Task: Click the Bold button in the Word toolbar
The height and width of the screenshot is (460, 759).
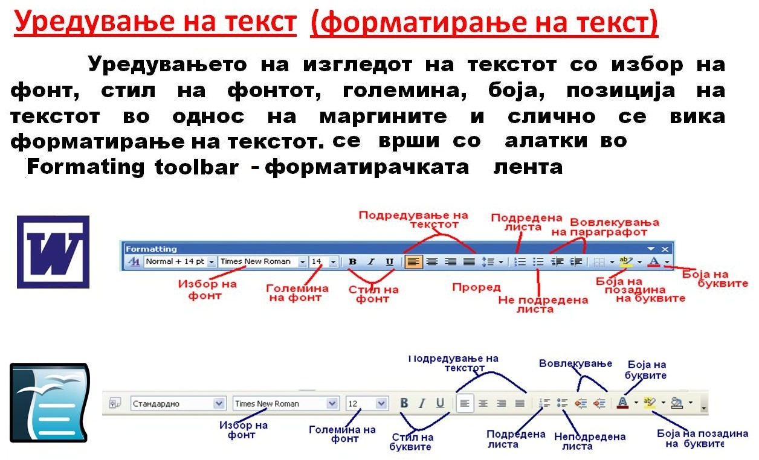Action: [354, 262]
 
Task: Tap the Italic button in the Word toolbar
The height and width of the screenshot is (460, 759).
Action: [372, 262]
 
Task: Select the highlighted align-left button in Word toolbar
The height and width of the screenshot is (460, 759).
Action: [413, 262]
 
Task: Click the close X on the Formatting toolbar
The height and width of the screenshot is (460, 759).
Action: [665, 249]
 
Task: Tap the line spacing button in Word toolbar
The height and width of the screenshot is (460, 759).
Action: [488, 262]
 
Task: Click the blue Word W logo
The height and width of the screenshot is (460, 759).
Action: [53, 251]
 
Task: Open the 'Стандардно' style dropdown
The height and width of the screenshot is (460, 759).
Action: [178, 403]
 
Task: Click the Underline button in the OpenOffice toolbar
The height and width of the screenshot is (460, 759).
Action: [441, 403]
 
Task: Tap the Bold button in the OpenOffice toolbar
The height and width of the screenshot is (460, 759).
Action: [405, 403]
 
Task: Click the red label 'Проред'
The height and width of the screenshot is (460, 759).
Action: [476, 287]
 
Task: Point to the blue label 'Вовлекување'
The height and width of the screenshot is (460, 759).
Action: [576, 363]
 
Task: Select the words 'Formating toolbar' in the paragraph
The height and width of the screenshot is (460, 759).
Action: [132, 167]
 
